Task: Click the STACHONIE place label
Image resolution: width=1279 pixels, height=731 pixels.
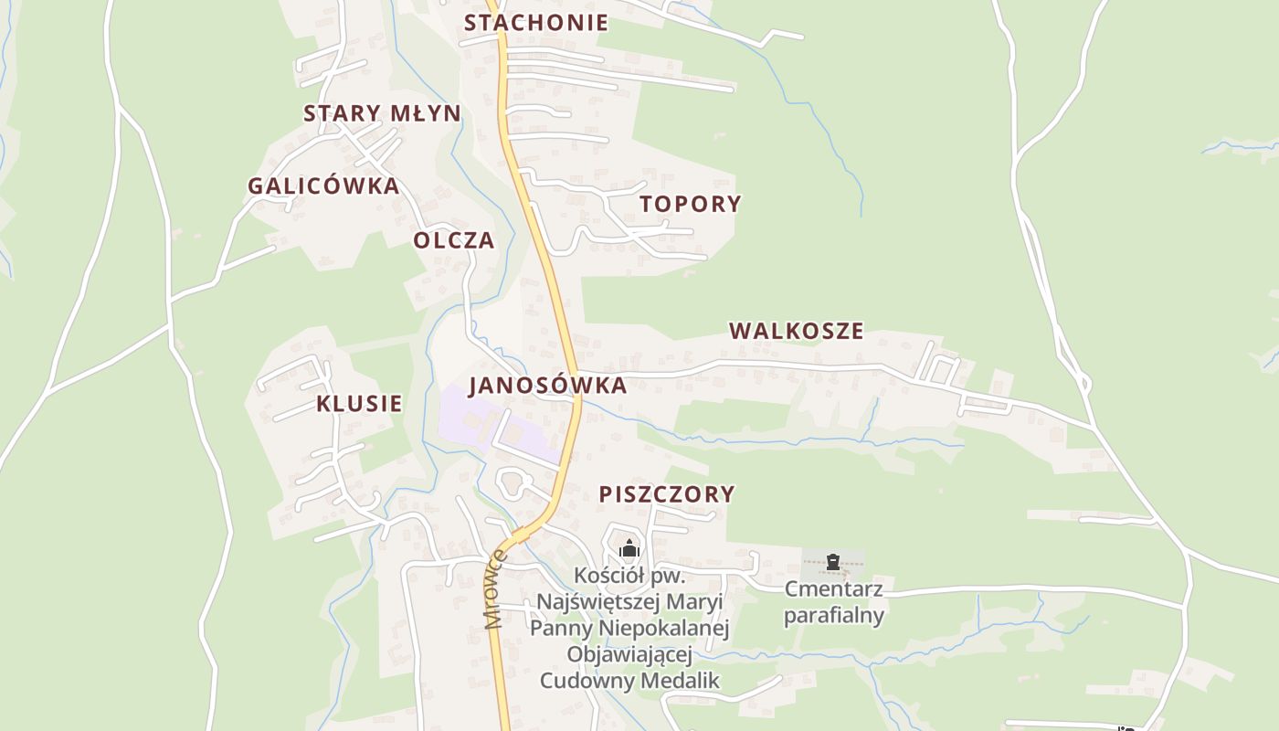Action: coord(536,23)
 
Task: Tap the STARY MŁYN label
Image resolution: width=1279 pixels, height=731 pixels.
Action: coord(382,113)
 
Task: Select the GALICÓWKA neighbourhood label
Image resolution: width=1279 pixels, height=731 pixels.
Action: coord(323,186)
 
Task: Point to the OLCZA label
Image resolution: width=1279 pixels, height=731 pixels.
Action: coord(454,240)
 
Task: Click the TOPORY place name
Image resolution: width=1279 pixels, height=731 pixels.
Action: coord(690,204)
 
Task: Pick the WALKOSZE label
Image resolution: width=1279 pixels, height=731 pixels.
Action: coord(796,331)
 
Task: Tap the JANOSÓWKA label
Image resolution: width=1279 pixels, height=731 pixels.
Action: coord(548,386)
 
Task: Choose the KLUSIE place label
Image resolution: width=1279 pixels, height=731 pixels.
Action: coord(359,404)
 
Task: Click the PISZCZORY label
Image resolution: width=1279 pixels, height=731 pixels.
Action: coord(666,494)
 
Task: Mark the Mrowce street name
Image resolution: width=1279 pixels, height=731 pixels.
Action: coord(496,589)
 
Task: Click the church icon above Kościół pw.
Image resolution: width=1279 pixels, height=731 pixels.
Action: coord(629,549)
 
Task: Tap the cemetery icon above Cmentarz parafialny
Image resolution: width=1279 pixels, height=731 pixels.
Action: coord(832,561)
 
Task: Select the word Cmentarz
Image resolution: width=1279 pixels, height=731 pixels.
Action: coord(833,588)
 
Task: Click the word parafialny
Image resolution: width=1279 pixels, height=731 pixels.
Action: coord(833,615)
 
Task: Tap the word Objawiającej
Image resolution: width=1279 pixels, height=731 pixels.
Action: coord(629,654)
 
